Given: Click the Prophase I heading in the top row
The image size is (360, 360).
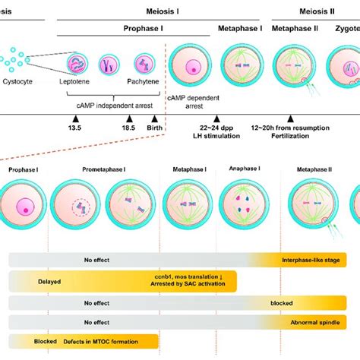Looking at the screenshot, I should pyautogui.click(x=134, y=28).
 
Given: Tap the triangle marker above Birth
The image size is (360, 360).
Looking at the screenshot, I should pyautogui.click(x=155, y=119).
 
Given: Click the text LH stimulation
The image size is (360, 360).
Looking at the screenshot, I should pyautogui.click(x=217, y=135).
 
